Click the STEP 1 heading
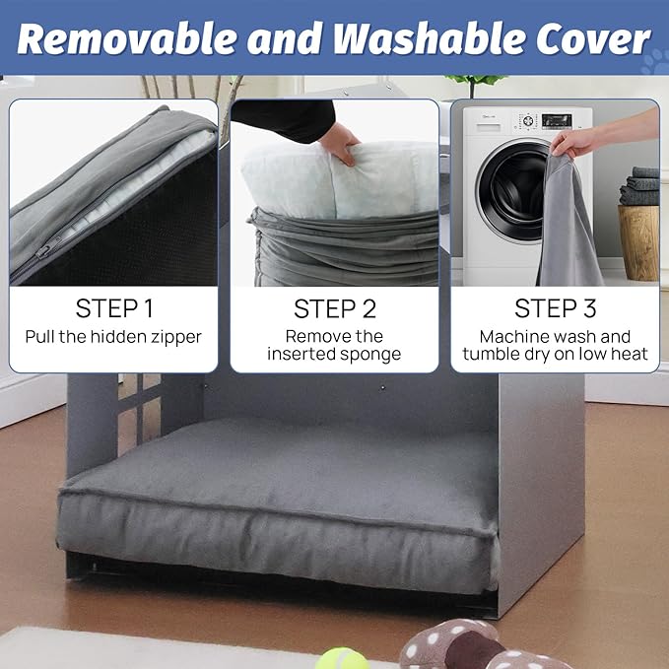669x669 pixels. (113, 308)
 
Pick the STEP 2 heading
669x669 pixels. (334, 308)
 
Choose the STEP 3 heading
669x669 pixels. (555, 308)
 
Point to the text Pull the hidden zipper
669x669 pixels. (113, 337)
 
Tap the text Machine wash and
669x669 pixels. (555, 336)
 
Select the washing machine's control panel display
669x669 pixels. (557, 121)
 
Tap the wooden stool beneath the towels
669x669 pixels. (638, 241)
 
